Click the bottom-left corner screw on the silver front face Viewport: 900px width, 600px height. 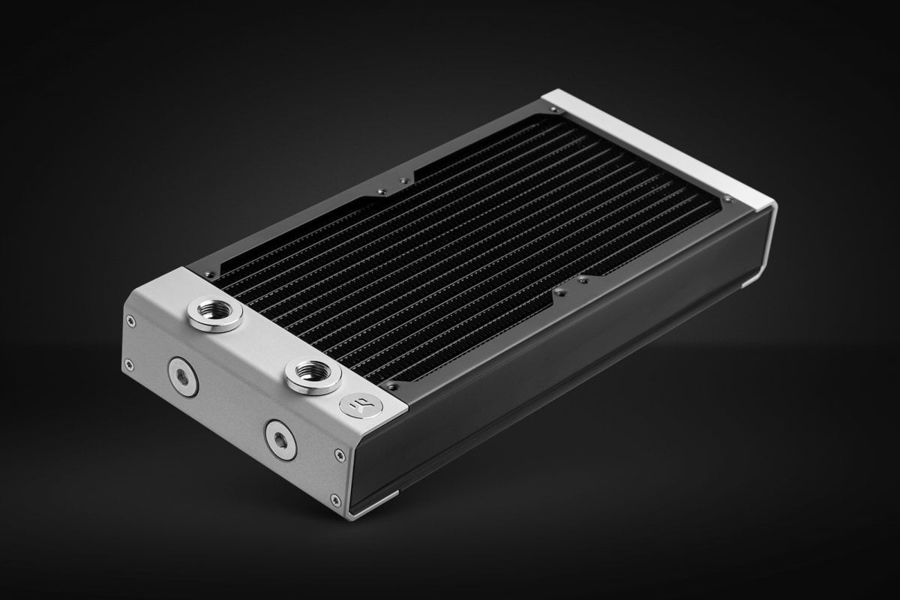point(130,364)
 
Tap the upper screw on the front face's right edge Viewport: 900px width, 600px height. point(341,454)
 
